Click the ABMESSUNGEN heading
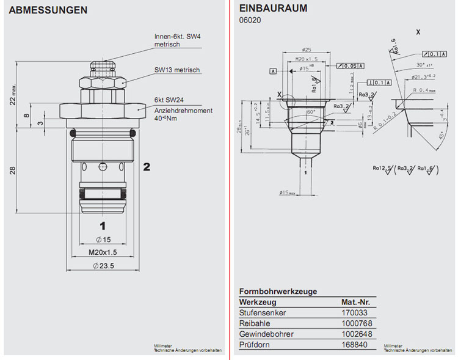(48, 10)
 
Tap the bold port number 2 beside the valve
(147, 166)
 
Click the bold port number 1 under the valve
(103, 224)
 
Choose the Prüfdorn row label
(253, 344)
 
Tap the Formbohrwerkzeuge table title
(278, 291)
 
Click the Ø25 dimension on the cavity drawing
(307, 50)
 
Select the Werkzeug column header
(258, 302)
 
